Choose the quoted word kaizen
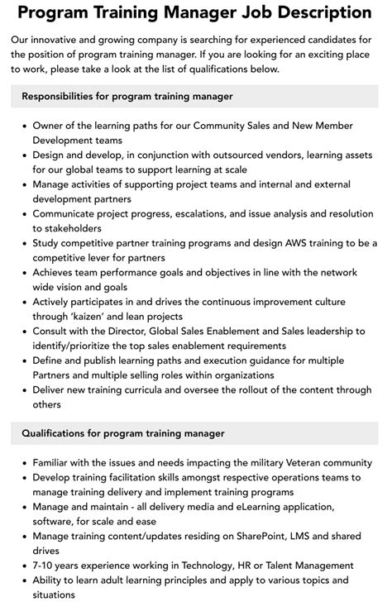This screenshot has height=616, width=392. (97, 317)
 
